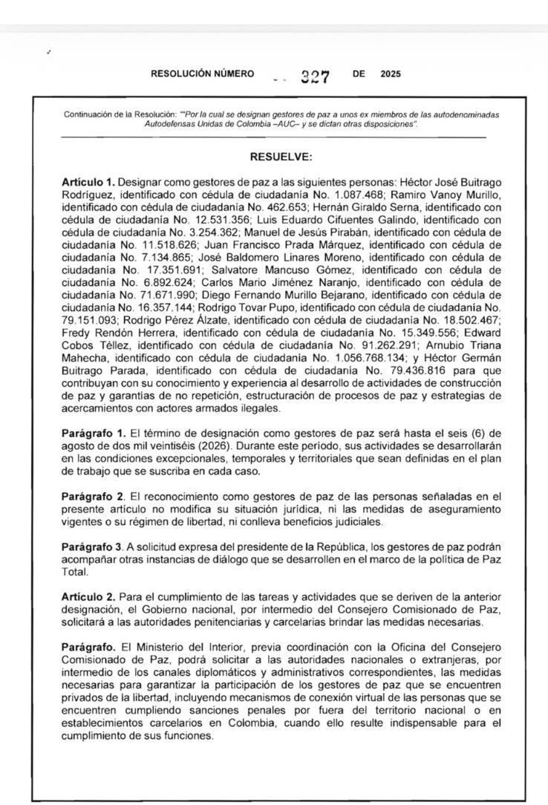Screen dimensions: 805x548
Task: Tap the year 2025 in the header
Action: (390, 74)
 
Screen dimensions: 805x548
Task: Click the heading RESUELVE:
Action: (281, 157)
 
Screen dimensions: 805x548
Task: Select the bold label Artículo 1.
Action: (88, 181)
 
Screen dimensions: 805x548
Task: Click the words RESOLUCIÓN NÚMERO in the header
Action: (202, 74)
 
